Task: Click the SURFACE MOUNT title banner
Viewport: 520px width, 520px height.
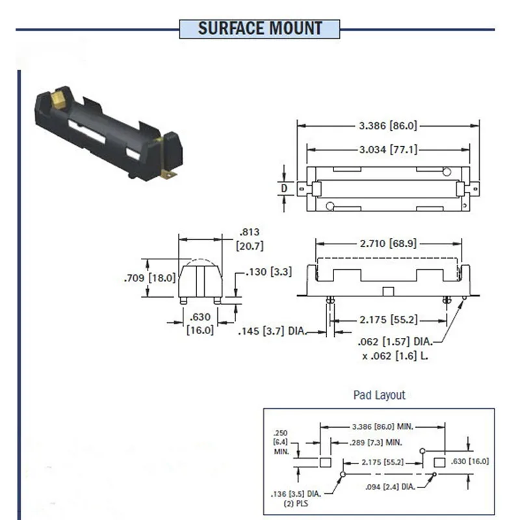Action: (x=260, y=29)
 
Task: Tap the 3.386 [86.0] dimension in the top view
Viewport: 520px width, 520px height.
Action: (x=388, y=125)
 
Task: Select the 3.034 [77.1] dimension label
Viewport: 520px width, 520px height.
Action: (x=388, y=150)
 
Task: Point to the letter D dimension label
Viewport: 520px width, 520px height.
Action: (x=284, y=188)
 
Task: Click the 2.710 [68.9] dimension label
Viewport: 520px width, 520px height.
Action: (x=388, y=244)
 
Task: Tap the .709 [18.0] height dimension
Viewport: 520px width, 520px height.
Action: (x=149, y=278)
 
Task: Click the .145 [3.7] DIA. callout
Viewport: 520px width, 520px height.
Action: (x=272, y=333)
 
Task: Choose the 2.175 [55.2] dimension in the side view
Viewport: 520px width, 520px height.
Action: (x=389, y=319)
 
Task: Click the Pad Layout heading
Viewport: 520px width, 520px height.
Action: (x=379, y=395)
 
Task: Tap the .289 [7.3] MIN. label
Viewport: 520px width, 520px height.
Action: (x=367, y=442)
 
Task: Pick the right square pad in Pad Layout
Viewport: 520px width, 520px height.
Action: (x=439, y=461)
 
